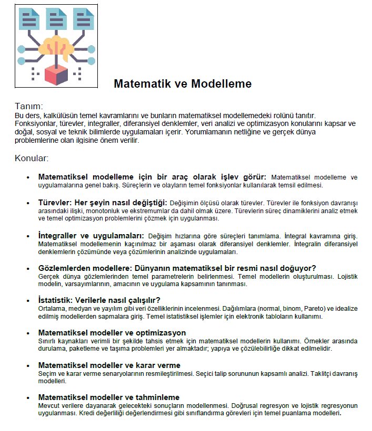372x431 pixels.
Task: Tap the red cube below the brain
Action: (57, 74)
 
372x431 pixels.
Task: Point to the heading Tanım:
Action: (29, 106)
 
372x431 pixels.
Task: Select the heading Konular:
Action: (32, 157)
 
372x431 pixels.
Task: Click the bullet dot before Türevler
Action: (28, 204)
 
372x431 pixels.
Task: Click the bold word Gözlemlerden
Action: (65, 268)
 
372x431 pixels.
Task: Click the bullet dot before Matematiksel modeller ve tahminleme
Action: (28, 398)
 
